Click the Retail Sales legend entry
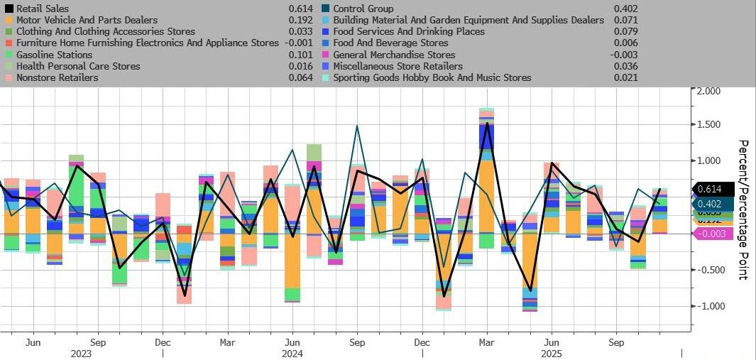pyautogui.click(x=43, y=9)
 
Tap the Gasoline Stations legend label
pyautogui.click(x=54, y=55)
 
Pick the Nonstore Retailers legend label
pyautogui.click(x=57, y=77)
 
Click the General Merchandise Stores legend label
pyautogui.click(x=394, y=55)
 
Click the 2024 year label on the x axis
pyautogui.click(x=292, y=353)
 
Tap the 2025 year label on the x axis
pyautogui.click(x=552, y=353)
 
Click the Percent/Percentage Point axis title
pyautogui.click(x=743, y=209)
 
